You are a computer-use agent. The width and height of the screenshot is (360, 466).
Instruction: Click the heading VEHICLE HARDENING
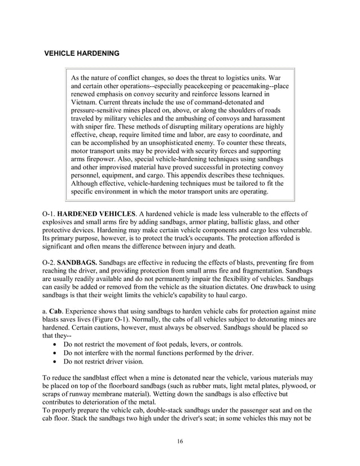82,54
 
